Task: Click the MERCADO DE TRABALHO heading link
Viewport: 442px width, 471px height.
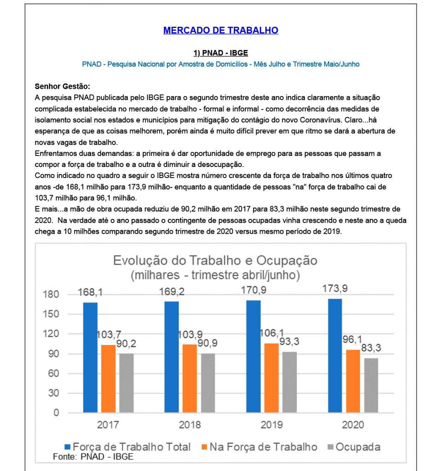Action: [221, 31]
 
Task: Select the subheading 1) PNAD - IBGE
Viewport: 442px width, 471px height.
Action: [221, 53]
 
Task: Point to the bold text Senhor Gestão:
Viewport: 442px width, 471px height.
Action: [63, 86]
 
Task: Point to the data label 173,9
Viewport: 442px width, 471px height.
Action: [335, 290]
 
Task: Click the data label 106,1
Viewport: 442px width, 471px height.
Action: [271, 334]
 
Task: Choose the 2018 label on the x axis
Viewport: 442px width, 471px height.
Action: [190, 425]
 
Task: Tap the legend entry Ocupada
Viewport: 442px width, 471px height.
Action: [358, 447]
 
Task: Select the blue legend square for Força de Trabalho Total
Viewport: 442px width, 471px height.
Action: [68, 447]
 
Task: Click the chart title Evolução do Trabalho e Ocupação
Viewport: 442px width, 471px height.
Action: [215, 260]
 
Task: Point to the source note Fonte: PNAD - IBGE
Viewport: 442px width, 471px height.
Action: [93, 457]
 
